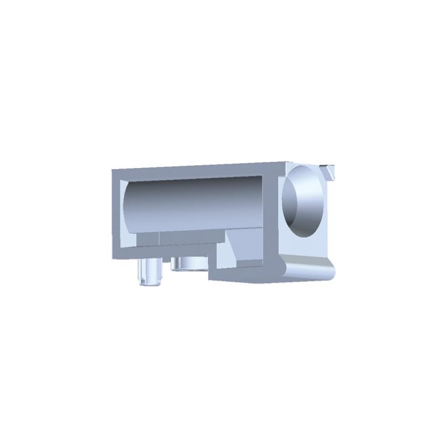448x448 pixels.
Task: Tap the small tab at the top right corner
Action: pyautogui.click(x=329, y=170)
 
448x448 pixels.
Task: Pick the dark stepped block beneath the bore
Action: pyautogui.click(x=190, y=239)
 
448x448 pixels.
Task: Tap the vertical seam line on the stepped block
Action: pyautogui.click(x=159, y=240)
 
